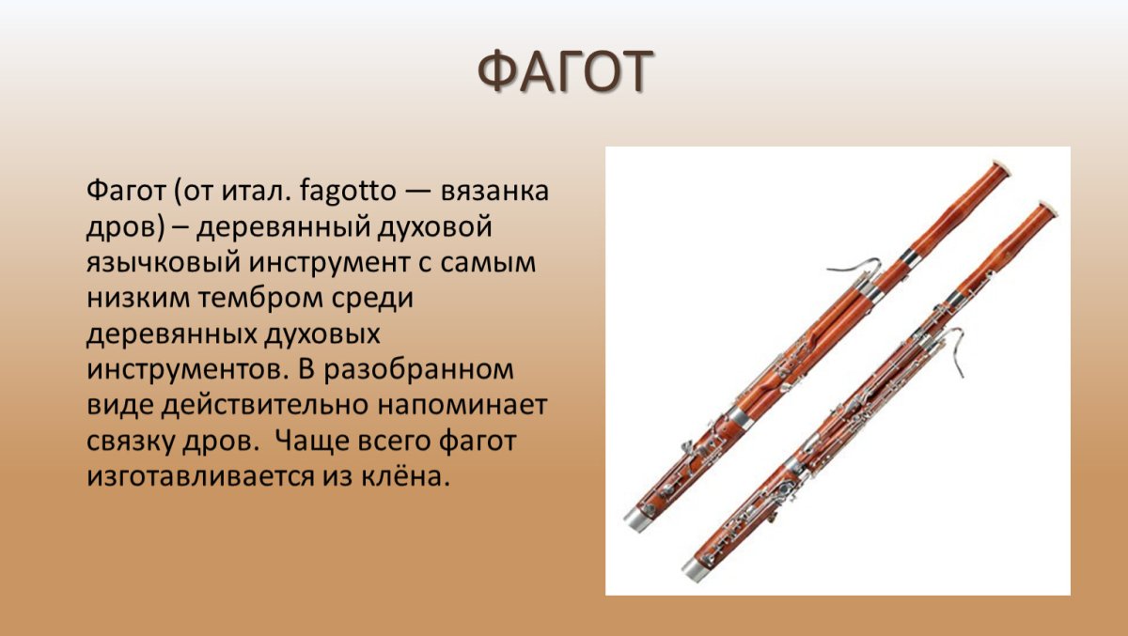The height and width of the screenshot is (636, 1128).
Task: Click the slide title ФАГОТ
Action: coord(564,72)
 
